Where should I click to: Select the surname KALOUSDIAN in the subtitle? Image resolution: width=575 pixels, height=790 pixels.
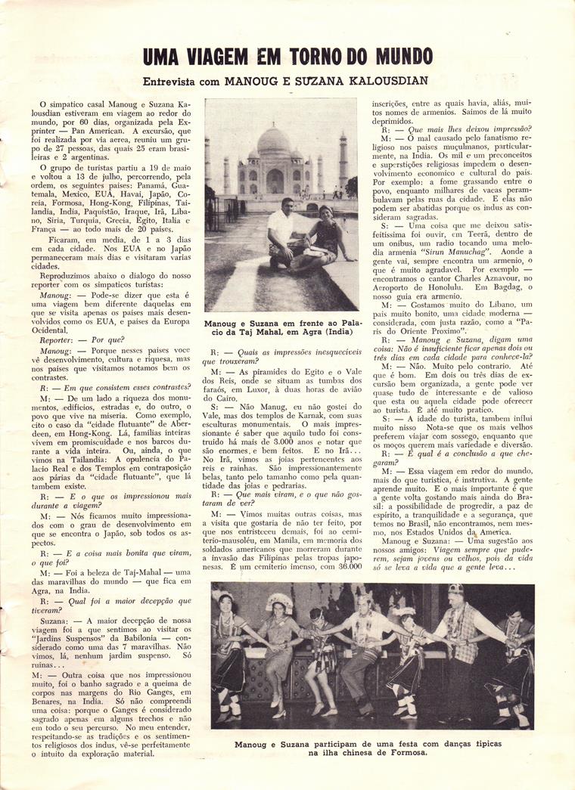click(x=385, y=80)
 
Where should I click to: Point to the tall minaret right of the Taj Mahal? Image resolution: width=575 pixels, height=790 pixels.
click(x=343, y=162)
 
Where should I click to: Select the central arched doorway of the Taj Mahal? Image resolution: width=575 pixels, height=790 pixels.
click(x=274, y=182)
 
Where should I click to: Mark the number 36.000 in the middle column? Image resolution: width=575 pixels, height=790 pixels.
click(x=341, y=565)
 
